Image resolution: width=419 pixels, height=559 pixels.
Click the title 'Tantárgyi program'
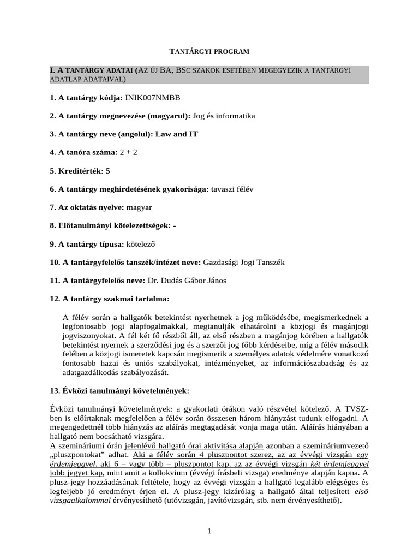coord(209,51)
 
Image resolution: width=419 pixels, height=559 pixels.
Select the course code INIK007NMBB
coord(152,98)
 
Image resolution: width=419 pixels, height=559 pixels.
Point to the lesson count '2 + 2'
coord(128,152)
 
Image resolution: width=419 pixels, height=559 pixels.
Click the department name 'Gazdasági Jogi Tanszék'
coord(243,263)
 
